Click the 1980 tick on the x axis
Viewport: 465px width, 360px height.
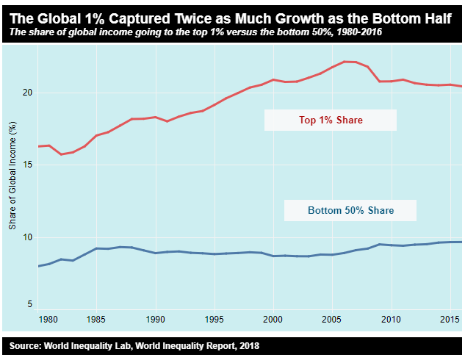coord(49,320)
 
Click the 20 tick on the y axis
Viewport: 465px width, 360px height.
coord(28,93)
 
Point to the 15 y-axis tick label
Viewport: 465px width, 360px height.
coord(28,165)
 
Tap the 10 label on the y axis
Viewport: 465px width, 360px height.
coord(28,237)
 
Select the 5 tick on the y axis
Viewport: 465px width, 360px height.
coord(30,304)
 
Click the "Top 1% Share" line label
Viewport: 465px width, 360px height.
coord(331,120)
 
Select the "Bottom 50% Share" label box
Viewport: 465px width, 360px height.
coord(350,211)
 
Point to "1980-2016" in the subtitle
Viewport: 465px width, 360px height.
coord(347,32)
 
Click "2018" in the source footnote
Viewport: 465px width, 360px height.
coord(247,345)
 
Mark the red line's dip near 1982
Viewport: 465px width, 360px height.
coord(62,154)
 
